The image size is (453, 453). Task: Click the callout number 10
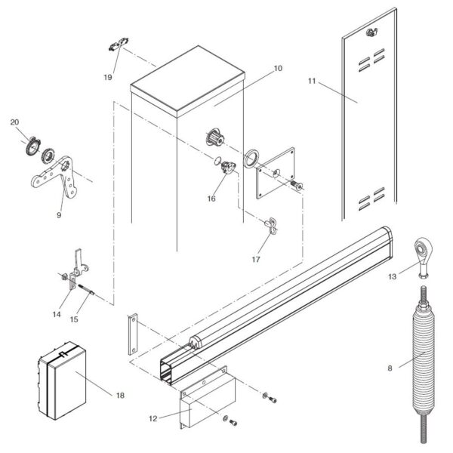tap(277, 69)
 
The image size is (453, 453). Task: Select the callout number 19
tap(108, 77)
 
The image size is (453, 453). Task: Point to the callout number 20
tap(15, 122)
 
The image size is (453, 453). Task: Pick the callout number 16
tap(212, 199)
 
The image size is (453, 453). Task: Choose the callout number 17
tap(256, 260)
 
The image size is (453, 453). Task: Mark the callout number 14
tap(57, 313)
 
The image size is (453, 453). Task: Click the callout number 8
tap(389, 369)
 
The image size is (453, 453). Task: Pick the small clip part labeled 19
tap(116, 47)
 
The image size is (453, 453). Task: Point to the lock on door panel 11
tap(370, 32)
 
